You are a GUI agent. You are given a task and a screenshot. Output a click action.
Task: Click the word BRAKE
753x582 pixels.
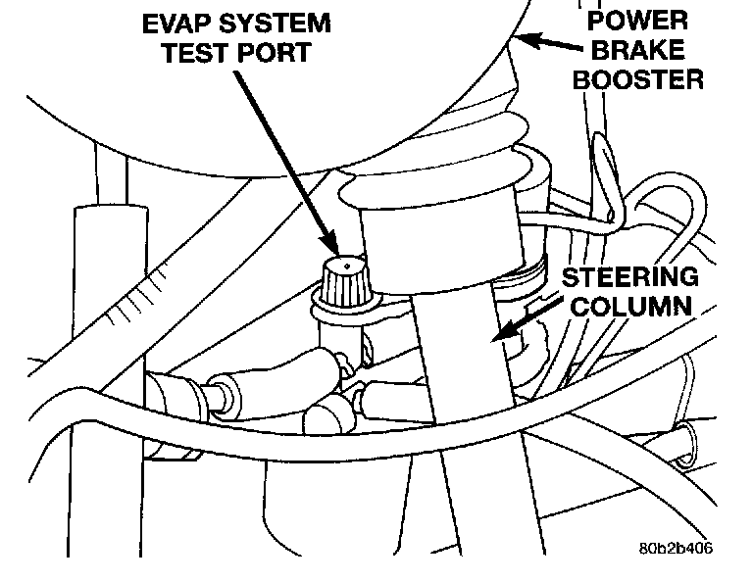[637, 48]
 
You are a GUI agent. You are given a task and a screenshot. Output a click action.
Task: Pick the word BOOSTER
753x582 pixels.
[638, 78]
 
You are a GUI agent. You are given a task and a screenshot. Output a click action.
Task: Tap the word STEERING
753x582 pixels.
[630, 276]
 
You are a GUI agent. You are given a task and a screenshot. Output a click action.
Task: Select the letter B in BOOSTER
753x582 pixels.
[581, 78]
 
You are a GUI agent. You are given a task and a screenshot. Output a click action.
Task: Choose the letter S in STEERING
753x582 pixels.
[570, 276]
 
